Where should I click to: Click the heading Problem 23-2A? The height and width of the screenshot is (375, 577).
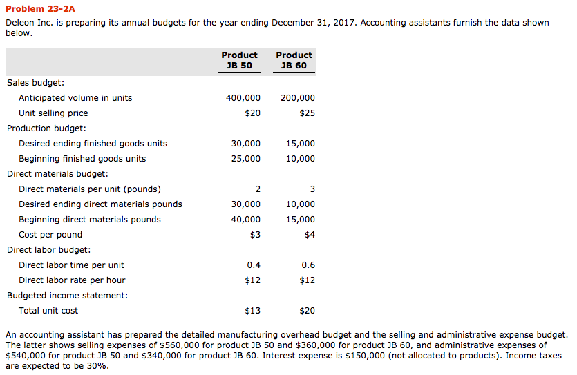click(x=40, y=9)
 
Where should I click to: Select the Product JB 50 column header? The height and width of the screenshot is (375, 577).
click(x=239, y=60)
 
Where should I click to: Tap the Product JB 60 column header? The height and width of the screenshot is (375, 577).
click(x=294, y=60)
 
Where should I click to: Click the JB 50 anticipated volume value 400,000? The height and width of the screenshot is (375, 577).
click(x=243, y=98)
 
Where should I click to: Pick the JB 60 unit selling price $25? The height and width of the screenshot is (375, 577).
click(x=307, y=113)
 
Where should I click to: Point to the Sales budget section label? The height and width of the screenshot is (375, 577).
click(x=35, y=83)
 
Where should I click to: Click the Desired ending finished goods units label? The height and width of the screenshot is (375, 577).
click(x=93, y=144)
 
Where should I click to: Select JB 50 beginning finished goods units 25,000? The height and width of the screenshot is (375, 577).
click(x=246, y=159)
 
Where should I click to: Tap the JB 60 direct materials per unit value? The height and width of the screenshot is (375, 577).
click(x=312, y=189)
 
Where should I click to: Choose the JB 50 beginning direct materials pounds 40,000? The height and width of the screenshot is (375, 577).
click(x=246, y=220)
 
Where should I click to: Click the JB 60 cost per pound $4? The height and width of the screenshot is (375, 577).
click(x=310, y=235)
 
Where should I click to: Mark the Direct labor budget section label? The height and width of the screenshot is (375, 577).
click(x=48, y=250)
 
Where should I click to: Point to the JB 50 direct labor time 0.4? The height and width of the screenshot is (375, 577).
click(x=254, y=265)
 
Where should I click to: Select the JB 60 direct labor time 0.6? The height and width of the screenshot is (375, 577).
click(x=308, y=265)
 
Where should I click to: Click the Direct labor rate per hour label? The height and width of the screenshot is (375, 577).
click(x=72, y=280)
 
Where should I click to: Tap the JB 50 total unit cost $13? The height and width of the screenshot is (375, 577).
click(x=252, y=311)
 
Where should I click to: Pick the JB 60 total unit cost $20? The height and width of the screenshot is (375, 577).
click(x=307, y=311)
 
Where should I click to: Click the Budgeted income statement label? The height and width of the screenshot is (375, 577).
click(x=67, y=296)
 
